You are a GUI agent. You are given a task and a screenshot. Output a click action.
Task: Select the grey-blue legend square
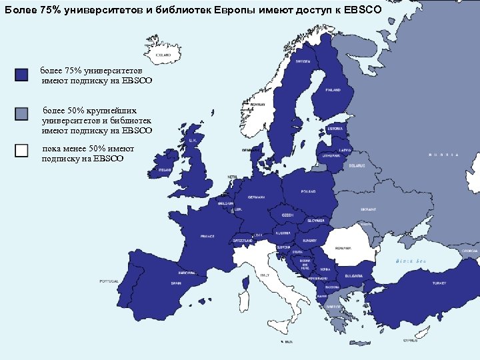pyautogui.click(x=21, y=113)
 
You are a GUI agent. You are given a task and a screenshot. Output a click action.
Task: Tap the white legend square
pyautogui.click(x=21, y=151)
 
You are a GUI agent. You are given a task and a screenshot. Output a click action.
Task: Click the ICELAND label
pyautogui.click(x=163, y=55)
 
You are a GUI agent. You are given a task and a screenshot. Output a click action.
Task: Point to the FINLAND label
pyautogui.click(x=333, y=89)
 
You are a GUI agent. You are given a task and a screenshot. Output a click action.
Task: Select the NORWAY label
pyautogui.click(x=258, y=105)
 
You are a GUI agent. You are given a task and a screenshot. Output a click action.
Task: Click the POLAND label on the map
pyautogui.click(x=308, y=191)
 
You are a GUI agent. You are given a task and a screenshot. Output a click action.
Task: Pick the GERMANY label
pyautogui.click(x=256, y=197)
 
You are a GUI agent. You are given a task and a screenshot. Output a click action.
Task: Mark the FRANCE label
pyautogui.click(x=208, y=236)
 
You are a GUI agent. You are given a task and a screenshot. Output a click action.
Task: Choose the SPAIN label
pyautogui.click(x=176, y=283)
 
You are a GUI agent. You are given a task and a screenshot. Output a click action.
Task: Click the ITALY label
pyautogui.click(x=265, y=275)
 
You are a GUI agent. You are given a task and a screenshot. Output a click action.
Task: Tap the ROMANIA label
pyautogui.click(x=343, y=247)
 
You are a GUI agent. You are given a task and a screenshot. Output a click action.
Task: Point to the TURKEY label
pyautogui.click(x=439, y=283)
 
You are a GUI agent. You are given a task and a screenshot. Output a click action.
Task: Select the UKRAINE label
pyautogui.click(x=369, y=209)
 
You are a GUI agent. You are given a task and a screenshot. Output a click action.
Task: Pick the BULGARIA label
pyautogui.click(x=354, y=276)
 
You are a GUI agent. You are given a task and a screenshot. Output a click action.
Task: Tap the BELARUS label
pyautogui.click(x=357, y=165)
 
